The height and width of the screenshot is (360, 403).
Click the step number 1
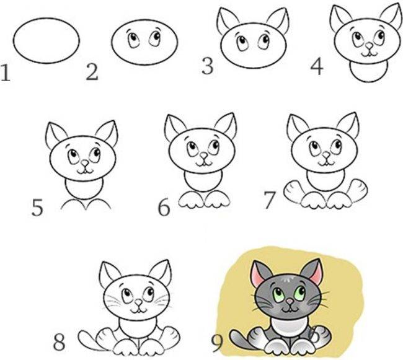6,74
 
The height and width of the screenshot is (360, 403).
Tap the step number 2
92,72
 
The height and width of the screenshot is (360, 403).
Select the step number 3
208,66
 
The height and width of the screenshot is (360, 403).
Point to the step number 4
317,66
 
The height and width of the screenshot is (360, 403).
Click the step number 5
38,207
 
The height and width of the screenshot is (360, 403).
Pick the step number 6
164,208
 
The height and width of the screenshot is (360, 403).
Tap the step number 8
60,341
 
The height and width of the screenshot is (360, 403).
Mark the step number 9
217,341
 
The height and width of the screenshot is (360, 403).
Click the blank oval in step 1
46,39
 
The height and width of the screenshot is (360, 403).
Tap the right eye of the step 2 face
152,38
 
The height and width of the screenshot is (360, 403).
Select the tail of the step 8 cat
88,338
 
